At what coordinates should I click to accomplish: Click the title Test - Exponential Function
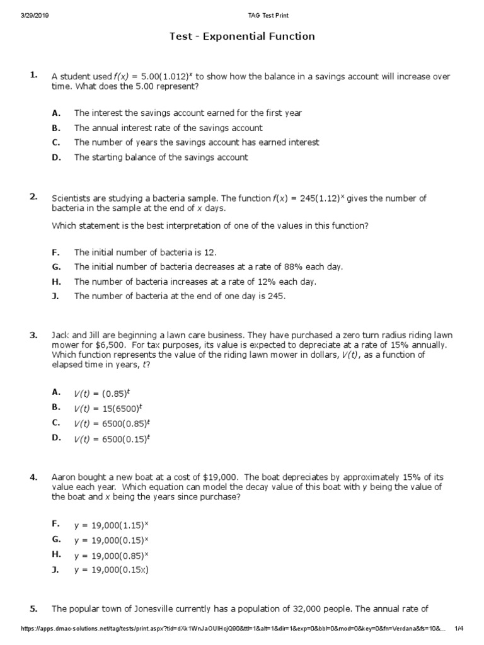pyautogui.click(x=242, y=37)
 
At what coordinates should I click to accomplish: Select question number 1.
pyautogui.click(x=34, y=76)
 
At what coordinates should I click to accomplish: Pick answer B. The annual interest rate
pyautogui.click(x=168, y=128)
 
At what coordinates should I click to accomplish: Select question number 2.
pyautogui.click(x=34, y=197)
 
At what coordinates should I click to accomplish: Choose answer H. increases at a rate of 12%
pyautogui.click(x=195, y=282)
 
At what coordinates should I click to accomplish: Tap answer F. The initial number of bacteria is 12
pyautogui.click(x=145, y=252)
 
